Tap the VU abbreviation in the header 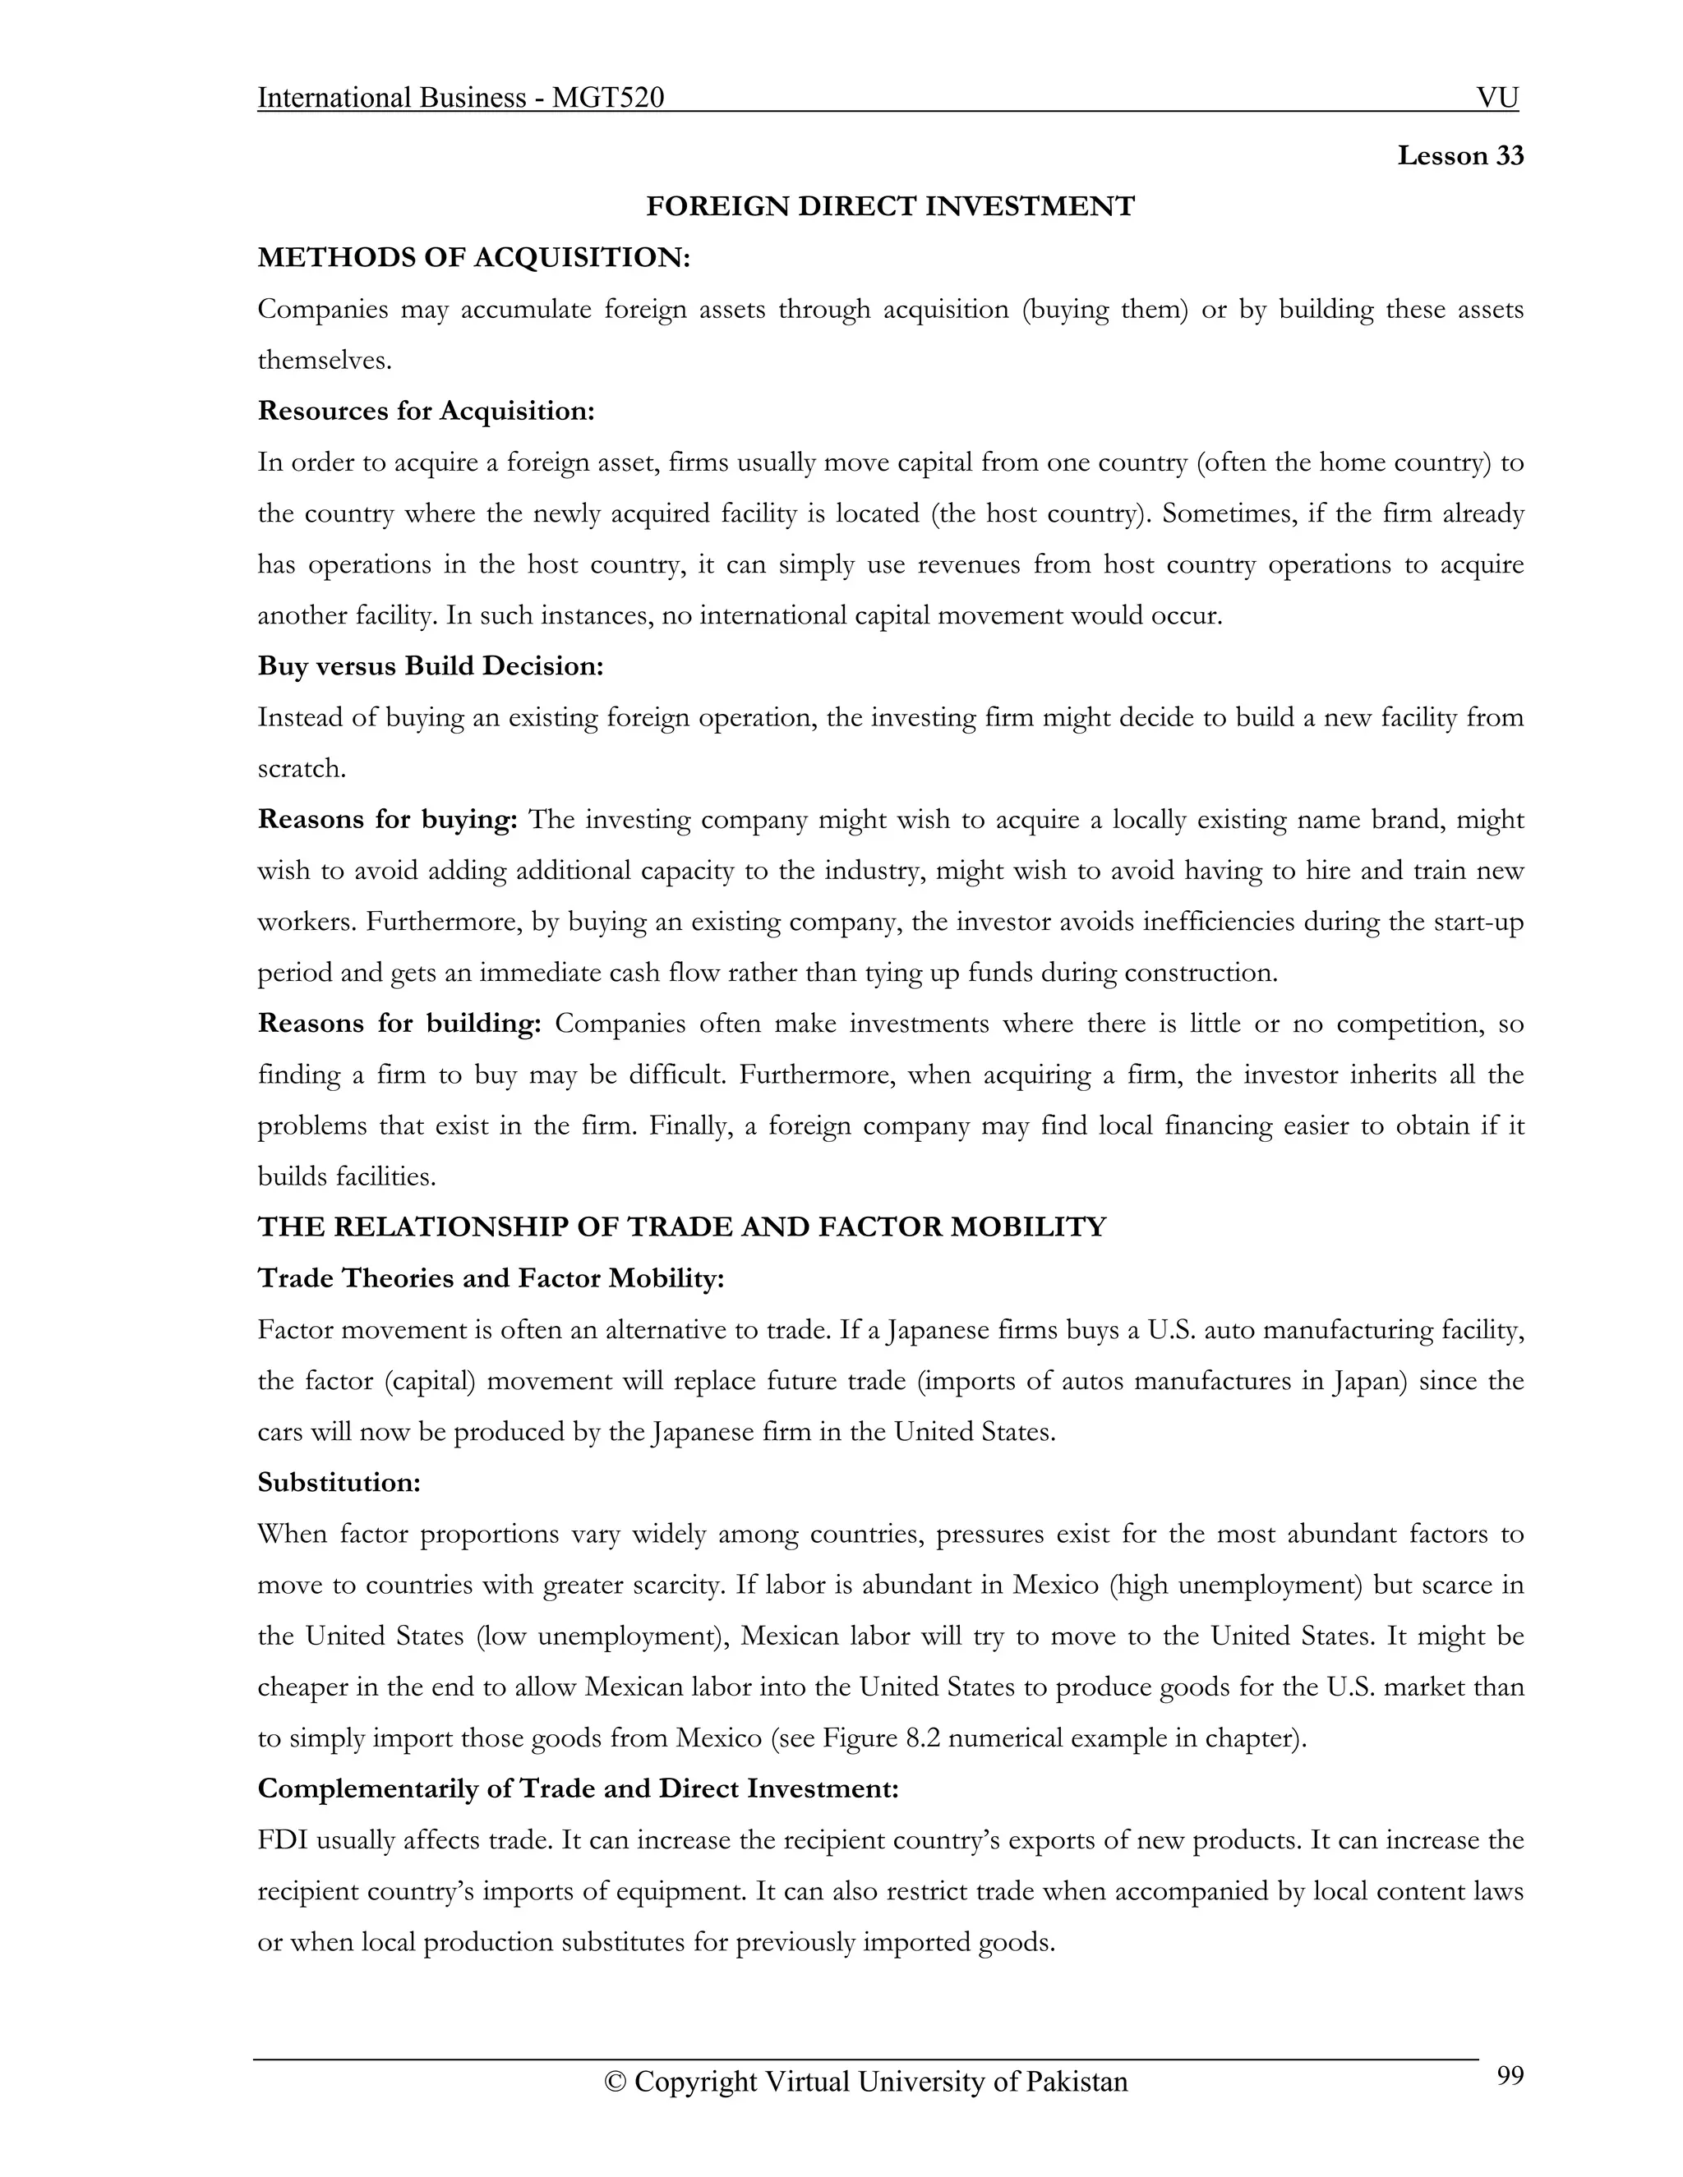pyautogui.click(x=1496, y=98)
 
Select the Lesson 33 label pyautogui.click(x=1459, y=155)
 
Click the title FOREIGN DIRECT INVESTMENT pyautogui.click(x=889, y=206)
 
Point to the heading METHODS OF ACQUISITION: pyautogui.click(x=473, y=257)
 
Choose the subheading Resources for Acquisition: pyautogui.click(x=426, y=411)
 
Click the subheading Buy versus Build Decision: pyautogui.click(x=431, y=666)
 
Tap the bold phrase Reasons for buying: pyautogui.click(x=387, y=819)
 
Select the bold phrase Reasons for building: pyautogui.click(x=399, y=1024)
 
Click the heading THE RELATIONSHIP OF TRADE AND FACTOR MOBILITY pyautogui.click(x=682, y=1227)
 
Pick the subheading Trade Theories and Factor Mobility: pyautogui.click(x=491, y=1279)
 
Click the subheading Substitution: pyautogui.click(x=339, y=1482)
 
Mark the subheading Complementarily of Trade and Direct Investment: pyautogui.click(x=579, y=1788)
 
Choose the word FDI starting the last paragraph pyautogui.click(x=282, y=1840)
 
